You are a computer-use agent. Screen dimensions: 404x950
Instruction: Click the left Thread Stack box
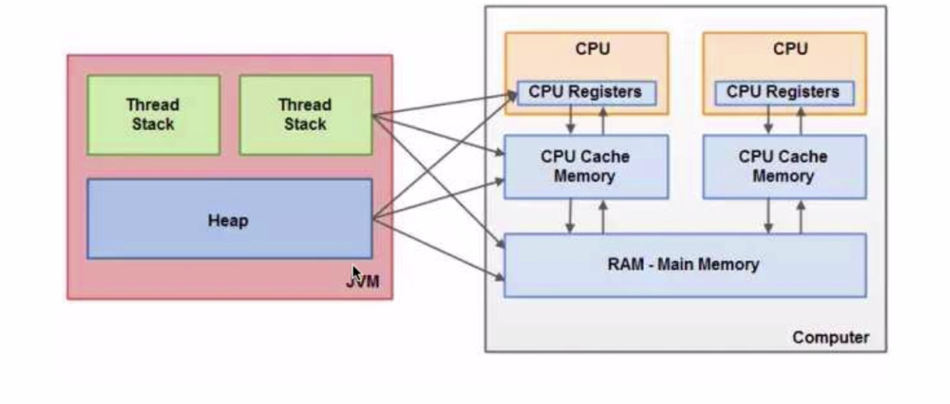[153, 114]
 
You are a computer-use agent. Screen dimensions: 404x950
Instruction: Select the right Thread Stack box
[306, 114]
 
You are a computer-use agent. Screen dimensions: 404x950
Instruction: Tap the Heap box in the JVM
[229, 219]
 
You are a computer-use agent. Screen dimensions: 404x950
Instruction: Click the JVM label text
[363, 283]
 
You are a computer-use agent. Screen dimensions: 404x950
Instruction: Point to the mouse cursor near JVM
[356, 274]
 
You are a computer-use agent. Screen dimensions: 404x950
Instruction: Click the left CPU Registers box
[586, 93]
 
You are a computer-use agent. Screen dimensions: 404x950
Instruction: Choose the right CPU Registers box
[784, 93]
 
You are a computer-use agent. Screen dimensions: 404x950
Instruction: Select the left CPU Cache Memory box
[585, 166]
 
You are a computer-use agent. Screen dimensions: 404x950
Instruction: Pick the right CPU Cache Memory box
[784, 166]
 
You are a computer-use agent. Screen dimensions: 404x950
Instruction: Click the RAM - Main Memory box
[684, 265]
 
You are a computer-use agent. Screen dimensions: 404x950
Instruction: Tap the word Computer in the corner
[830, 337]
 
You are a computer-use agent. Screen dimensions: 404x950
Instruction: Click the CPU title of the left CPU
[592, 49]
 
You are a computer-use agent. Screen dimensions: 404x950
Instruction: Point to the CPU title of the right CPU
[790, 49]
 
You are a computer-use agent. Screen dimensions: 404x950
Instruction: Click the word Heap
[228, 221]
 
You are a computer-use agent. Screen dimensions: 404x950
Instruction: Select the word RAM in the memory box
[625, 265]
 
